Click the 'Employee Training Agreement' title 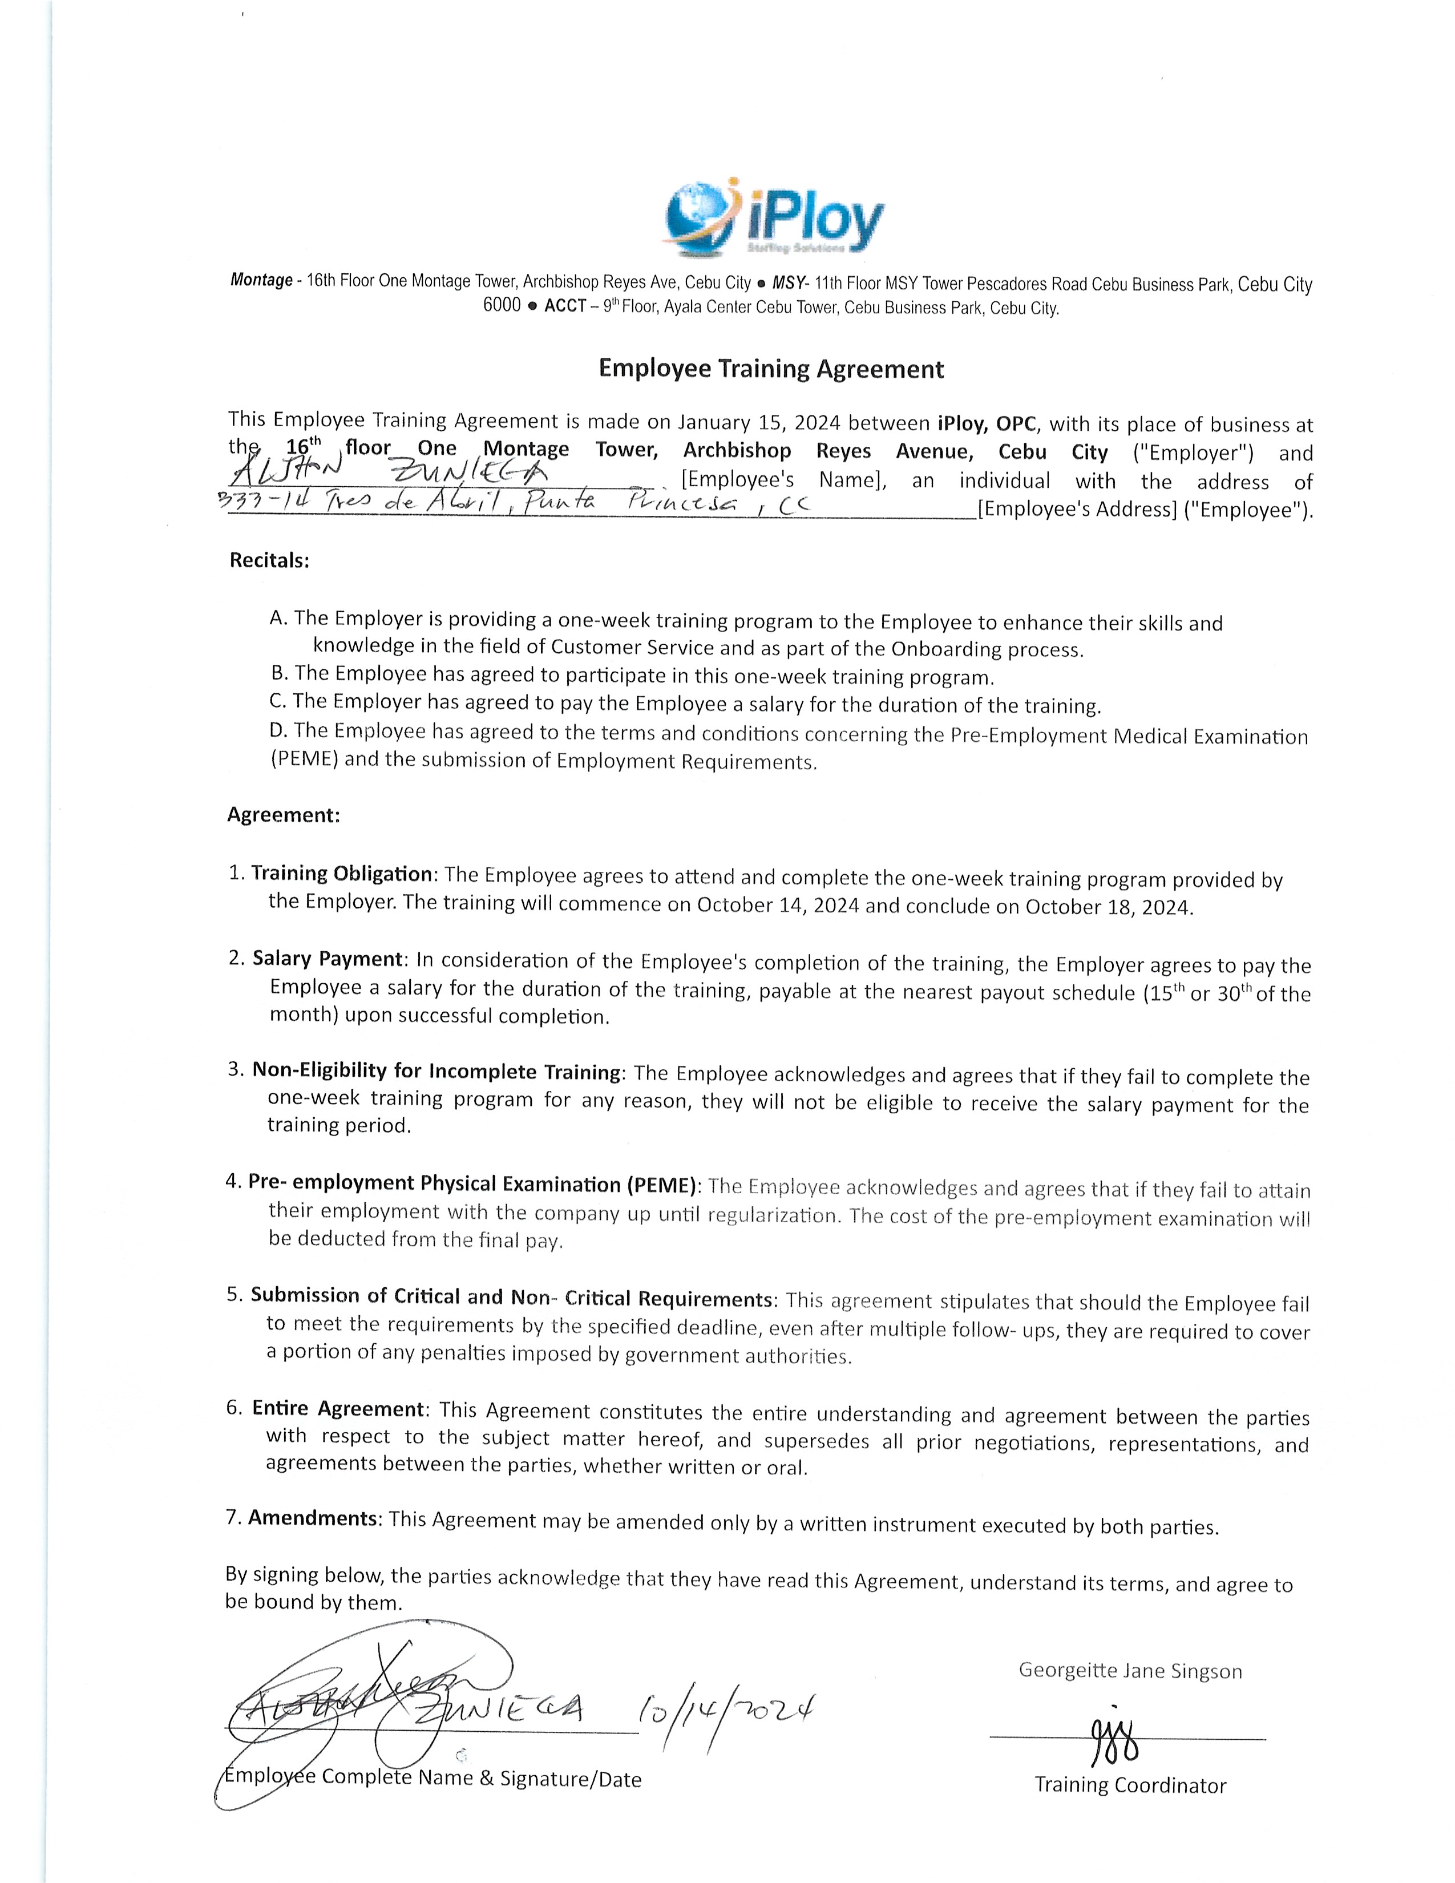point(771,369)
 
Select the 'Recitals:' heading point(269,560)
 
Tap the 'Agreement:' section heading point(284,815)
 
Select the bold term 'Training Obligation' point(341,874)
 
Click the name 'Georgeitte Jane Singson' point(1130,1670)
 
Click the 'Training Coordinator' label point(1130,1785)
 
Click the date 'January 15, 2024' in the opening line point(758,422)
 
